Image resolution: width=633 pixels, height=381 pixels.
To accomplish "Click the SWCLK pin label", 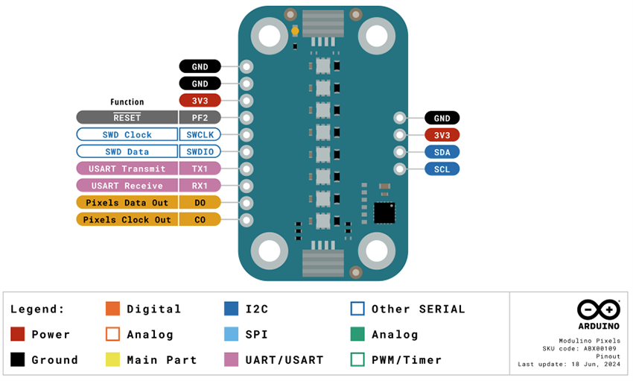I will coord(200,135).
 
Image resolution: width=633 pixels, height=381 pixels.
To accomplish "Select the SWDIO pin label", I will coord(200,151).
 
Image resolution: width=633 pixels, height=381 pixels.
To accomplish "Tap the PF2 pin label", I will coord(200,118).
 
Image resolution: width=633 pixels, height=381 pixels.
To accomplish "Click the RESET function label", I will coord(127,118).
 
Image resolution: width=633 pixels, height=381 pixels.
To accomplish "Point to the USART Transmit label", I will coord(127,169).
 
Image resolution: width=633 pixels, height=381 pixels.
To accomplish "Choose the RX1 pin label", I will coord(200,185).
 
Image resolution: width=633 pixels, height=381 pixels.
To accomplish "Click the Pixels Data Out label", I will coord(127,202).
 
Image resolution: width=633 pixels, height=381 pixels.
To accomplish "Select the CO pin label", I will coord(200,219).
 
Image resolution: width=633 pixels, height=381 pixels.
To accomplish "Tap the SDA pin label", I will coord(442,152).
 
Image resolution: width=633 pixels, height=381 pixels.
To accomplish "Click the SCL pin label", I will coord(442,169).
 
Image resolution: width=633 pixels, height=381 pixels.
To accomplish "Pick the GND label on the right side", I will coord(442,118).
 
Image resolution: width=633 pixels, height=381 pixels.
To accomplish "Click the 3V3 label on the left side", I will coord(200,101).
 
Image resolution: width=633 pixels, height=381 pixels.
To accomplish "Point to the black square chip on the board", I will coord(384,212).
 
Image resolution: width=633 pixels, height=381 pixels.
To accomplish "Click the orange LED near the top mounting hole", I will coord(296,31).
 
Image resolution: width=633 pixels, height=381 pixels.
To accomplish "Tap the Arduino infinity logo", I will coord(598,309).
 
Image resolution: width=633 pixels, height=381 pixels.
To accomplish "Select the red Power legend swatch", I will coord(18,334).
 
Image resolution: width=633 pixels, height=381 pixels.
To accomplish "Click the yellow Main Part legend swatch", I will coord(112,359).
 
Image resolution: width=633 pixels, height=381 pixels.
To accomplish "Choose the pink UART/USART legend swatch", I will coord(232,359).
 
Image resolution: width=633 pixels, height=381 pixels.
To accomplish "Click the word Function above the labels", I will coord(127,102).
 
